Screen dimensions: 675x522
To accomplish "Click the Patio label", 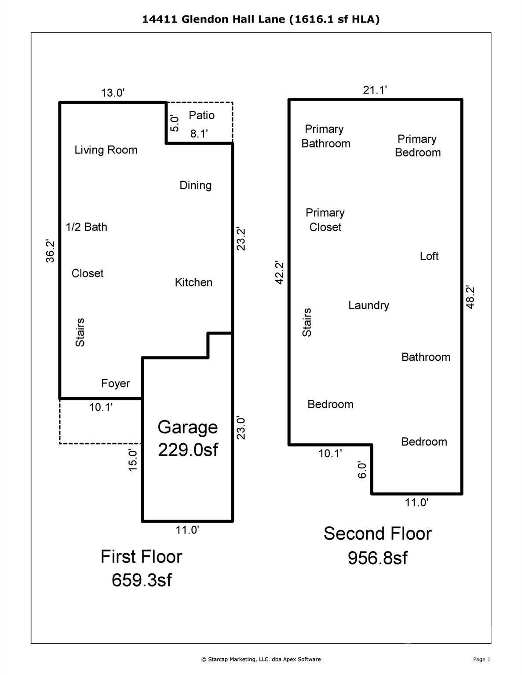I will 201,115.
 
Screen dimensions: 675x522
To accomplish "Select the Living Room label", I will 106,150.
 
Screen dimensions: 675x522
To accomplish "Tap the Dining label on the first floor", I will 195,185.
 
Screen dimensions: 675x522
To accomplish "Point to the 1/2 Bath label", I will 86,227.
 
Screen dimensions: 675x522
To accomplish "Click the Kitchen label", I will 193,282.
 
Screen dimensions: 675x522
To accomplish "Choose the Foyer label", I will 115,383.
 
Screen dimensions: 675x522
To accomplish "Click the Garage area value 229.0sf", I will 188,450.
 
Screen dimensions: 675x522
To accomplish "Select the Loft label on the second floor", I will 429,256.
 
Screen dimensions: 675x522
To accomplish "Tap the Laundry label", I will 369,305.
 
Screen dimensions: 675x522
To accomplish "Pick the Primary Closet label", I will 325,220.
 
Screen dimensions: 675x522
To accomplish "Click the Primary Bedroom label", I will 417,145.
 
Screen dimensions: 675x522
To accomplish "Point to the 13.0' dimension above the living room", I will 113,93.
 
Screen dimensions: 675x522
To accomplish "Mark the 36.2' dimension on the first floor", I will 51,251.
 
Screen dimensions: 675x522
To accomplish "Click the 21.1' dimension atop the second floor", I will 375,90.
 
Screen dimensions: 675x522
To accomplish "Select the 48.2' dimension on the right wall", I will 470,297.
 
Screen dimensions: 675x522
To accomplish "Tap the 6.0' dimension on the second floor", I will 362,470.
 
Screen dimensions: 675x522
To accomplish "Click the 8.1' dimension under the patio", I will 199,134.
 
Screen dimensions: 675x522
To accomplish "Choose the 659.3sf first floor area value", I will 142,580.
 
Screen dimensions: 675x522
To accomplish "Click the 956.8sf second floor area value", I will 377,558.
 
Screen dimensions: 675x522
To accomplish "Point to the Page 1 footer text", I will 482,659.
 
